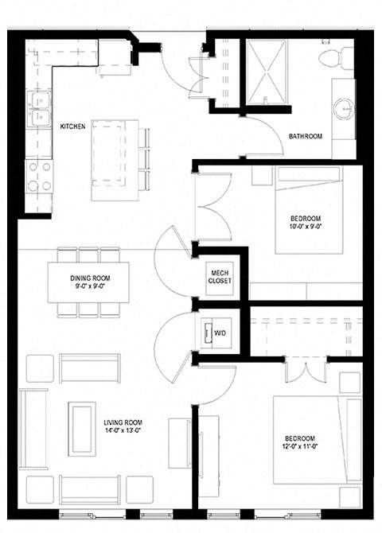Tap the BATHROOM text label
click(305, 136)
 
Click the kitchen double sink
click(37, 109)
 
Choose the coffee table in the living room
click(81, 428)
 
